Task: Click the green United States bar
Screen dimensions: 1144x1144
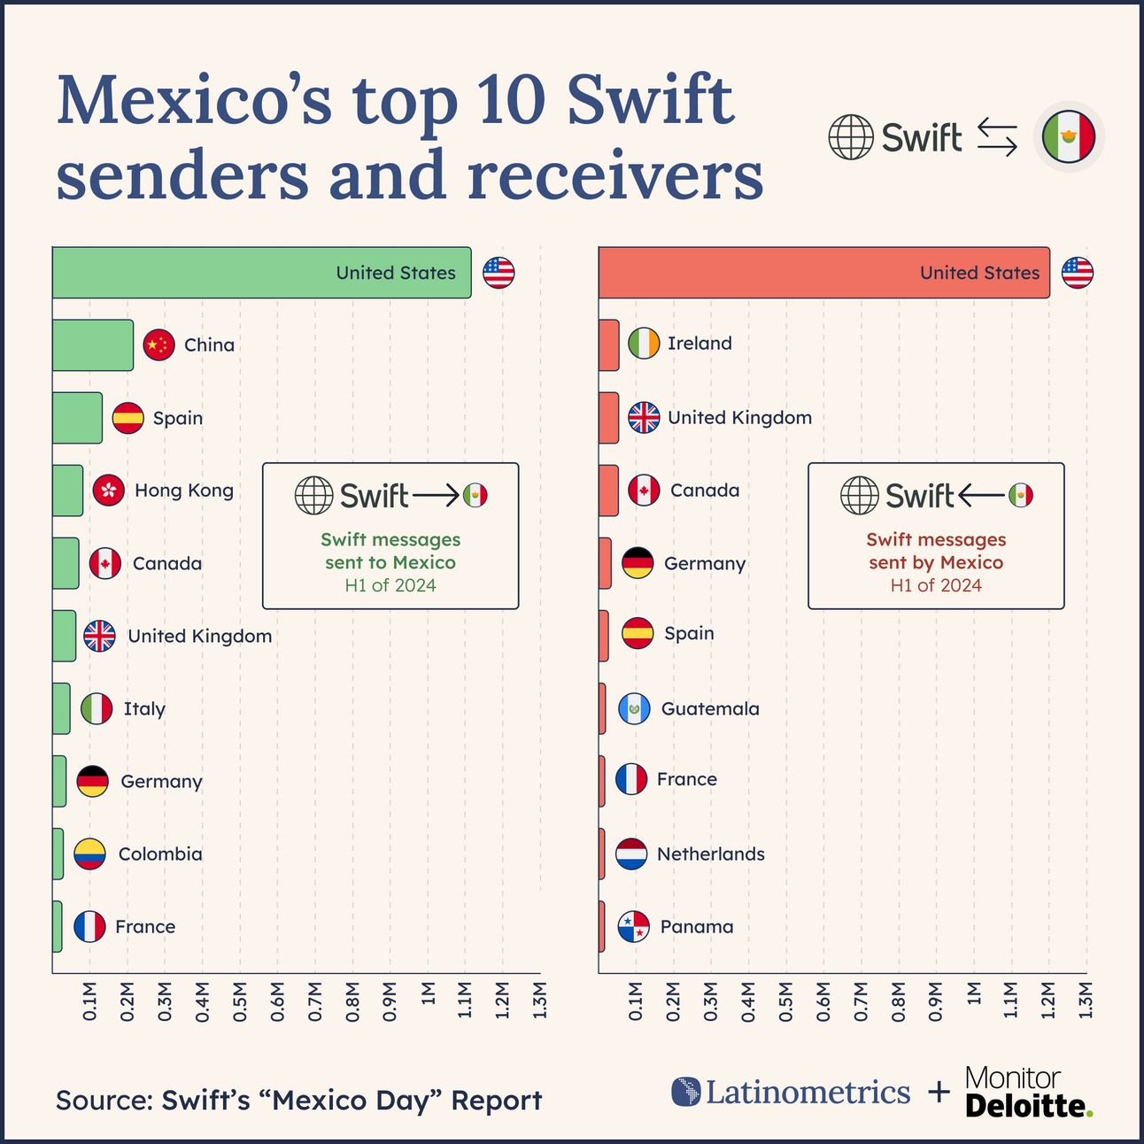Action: (261, 273)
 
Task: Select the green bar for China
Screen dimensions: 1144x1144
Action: (93, 345)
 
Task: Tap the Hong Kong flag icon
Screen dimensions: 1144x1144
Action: (109, 490)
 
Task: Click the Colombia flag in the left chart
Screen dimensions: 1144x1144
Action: (89, 854)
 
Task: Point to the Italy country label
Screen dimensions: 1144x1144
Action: (144, 708)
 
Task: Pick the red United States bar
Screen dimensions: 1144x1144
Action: (823, 273)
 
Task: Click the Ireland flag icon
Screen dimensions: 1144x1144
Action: (644, 344)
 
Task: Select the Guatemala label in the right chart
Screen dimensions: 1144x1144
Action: (710, 708)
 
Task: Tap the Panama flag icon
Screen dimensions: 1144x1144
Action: (634, 927)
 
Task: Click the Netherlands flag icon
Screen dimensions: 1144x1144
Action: (631, 854)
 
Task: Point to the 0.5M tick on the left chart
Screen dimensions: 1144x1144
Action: (240, 1001)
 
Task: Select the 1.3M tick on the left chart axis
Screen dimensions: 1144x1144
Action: (540, 1001)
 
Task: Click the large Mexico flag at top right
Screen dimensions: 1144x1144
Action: (1069, 137)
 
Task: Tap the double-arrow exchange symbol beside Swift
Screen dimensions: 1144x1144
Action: (997, 138)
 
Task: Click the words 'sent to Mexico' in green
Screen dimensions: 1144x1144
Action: (390, 562)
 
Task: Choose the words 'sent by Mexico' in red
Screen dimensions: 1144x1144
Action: (936, 562)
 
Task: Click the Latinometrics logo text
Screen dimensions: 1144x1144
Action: (807, 1092)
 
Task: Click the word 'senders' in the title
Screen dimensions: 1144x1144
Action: (182, 174)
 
